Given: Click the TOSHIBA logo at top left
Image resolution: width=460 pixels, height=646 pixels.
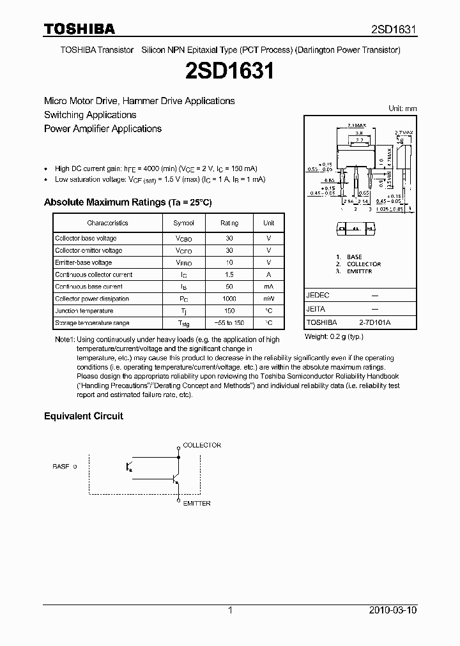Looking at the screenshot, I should click(79, 29).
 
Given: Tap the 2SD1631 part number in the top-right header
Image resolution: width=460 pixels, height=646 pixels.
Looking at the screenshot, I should click(394, 29).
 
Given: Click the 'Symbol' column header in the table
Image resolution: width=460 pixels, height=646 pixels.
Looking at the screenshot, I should click(183, 223).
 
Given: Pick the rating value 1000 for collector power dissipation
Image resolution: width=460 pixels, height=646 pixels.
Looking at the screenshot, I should click(229, 299).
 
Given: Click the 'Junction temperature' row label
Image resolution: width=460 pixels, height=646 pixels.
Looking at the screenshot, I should click(84, 311).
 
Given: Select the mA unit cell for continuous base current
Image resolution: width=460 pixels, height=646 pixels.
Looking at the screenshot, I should click(268, 287).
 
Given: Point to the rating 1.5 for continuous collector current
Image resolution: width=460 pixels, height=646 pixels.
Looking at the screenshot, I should click(229, 274).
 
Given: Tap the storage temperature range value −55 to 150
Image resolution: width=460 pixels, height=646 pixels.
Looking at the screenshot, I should click(229, 323).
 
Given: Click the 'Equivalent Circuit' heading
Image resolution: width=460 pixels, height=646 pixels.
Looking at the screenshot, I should click(83, 416).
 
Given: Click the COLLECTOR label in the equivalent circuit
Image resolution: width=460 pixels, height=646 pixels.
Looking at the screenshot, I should click(202, 446).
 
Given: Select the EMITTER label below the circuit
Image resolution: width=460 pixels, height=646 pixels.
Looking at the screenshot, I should click(197, 503).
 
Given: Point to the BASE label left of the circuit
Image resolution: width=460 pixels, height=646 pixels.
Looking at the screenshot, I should click(61, 467).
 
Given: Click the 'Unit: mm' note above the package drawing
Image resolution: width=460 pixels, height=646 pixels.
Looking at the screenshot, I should click(402, 109).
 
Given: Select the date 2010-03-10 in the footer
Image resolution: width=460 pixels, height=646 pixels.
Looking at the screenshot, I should click(393, 610).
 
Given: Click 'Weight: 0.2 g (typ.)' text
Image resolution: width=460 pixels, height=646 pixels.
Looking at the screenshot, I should click(333, 336).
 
